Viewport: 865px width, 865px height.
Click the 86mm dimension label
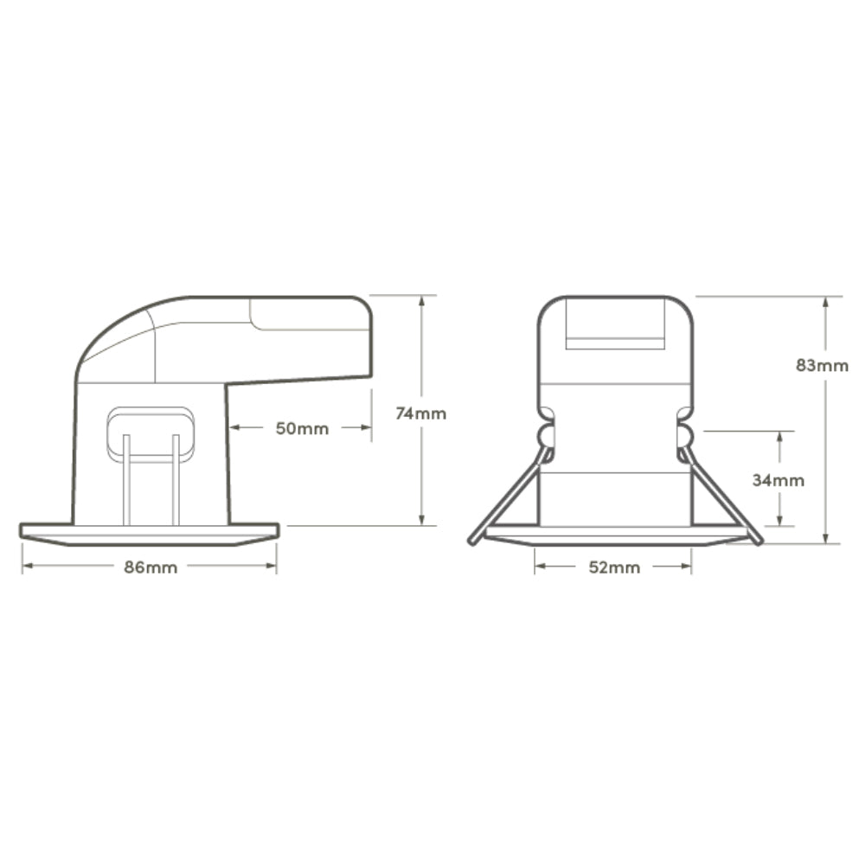[151, 567]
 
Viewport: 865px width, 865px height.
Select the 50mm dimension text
[302, 428]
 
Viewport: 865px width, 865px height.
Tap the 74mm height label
[421, 413]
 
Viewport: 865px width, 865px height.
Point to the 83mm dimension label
[822, 365]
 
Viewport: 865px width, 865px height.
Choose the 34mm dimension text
[778, 480]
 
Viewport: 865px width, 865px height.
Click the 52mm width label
[614, 567]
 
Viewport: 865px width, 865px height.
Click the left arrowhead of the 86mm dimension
[28, 566]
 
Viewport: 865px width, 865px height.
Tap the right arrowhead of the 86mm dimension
[271, 566]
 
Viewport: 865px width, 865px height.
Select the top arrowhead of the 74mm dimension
[421, 301]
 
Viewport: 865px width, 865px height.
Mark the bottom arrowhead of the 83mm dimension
[825, 538]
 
